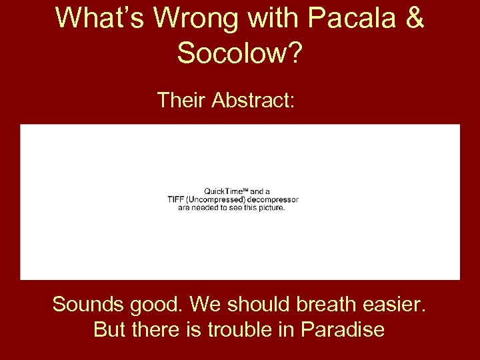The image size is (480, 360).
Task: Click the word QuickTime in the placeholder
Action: [x=225, y=191]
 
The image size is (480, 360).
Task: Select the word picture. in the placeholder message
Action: [x=270, y=207]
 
